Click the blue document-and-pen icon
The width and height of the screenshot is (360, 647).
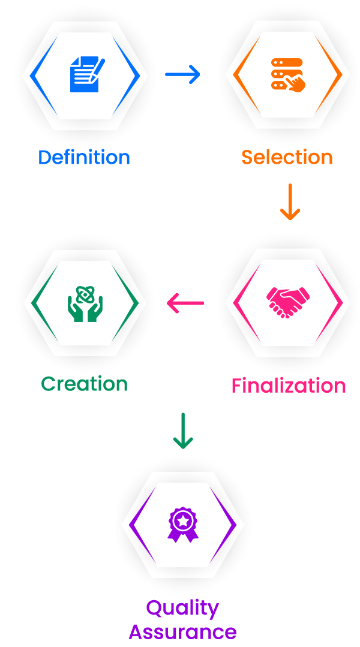pos(86,74)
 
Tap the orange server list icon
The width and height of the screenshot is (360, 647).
pos(287,74)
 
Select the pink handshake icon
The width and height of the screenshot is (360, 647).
pos(288,302)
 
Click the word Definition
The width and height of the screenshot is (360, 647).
pos(84,158)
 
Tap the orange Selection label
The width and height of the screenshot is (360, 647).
pos(287,158)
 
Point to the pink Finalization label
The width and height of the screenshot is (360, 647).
pos(289,386)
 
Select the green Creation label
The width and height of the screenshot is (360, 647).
pos(85,384)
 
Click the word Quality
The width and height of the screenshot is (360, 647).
pos(182,608)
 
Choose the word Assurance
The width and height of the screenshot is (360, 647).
pos(182,631)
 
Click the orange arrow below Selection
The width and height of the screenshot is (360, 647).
pos(291,202)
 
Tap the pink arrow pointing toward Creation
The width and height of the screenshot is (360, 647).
pos(184,303)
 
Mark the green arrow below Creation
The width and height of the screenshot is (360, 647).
pos(182,431)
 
